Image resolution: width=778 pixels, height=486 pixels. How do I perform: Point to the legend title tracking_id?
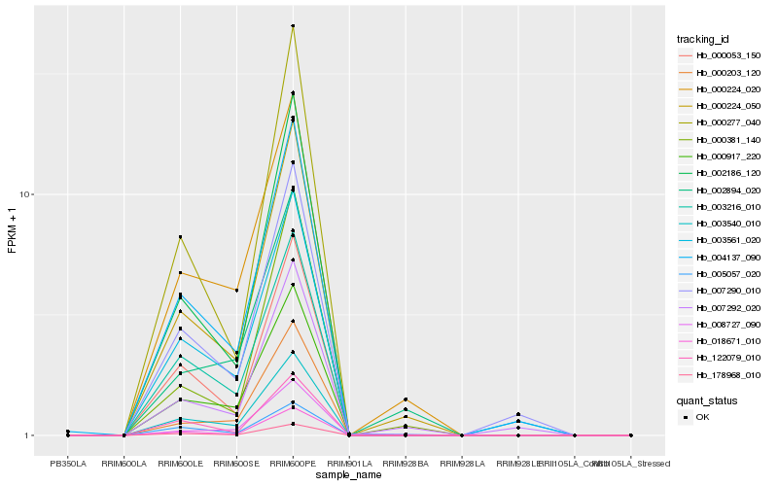click(x=703, y=39)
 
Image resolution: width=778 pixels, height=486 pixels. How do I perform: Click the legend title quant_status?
click(x=706, y=399)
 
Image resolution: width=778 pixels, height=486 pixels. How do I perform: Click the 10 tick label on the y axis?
click(x=27, y=194)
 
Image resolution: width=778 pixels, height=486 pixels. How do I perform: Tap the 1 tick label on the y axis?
click(x=30, y=435)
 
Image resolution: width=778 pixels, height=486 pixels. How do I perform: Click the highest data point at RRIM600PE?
click(x=293, y=26)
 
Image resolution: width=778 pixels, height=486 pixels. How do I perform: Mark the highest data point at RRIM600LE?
click(x=180, y=237)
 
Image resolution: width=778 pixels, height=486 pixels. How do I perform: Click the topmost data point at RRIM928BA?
click(x=406, y=399)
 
